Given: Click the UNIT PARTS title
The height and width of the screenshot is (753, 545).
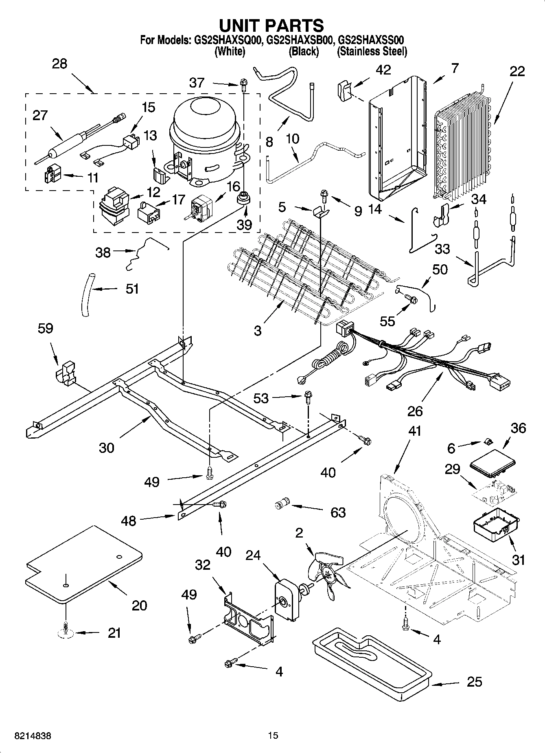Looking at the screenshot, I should pos(271,25).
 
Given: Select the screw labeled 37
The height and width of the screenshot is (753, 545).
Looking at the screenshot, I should pos(243,85).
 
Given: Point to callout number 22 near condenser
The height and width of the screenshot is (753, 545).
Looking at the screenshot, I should pos(517,71).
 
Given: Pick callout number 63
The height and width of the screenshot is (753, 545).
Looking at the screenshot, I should pos(338,512).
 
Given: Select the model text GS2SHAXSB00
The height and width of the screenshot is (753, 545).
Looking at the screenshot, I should pos(301,40).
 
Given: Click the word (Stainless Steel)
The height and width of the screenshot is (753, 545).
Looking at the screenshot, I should pos(372,52).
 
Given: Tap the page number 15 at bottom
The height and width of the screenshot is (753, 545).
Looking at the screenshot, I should pos(273,735).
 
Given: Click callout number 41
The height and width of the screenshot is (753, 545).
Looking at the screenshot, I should pos(414,431).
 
